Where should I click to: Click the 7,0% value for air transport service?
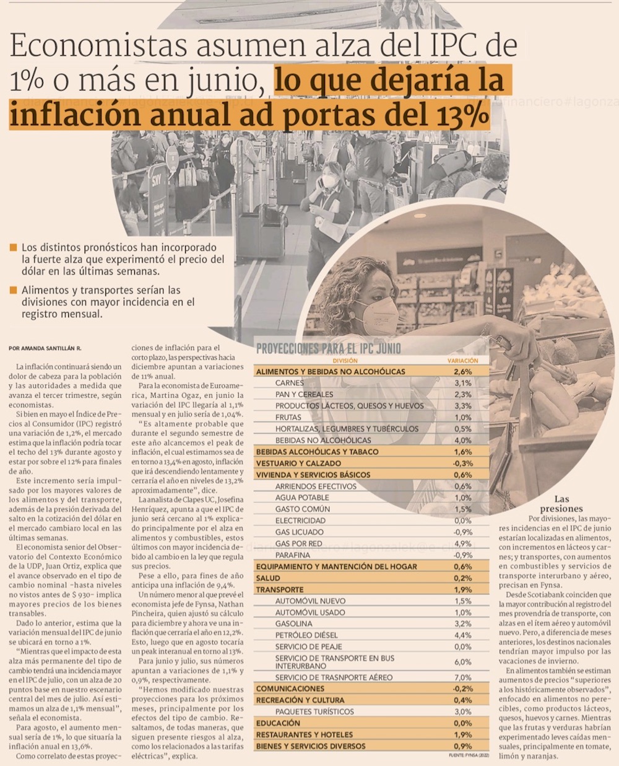[x=462, y=677]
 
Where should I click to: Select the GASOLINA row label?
[x=293, y=623]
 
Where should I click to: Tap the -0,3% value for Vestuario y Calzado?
[x=462, y=463]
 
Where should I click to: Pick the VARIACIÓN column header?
[x=462, y=360]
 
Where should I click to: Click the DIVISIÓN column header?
[x=345, y=360]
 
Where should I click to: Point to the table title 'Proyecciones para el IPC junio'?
[x=328, y=348]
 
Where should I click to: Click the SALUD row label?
[x=268, y=578]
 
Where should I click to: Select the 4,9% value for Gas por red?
[x=462, y=544]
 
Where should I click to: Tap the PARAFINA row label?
[x=293, y=555]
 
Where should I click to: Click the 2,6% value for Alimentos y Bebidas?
[x=462, y=372]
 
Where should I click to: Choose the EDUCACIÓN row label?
[x=278, y=723]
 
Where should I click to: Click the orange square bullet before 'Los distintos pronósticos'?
[x=14, y=248]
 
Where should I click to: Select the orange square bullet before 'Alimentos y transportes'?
[x=14, y=290]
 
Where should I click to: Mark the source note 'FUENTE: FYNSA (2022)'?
[x=468, y=755]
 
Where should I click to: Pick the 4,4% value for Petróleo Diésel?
[x=462, y=635]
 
